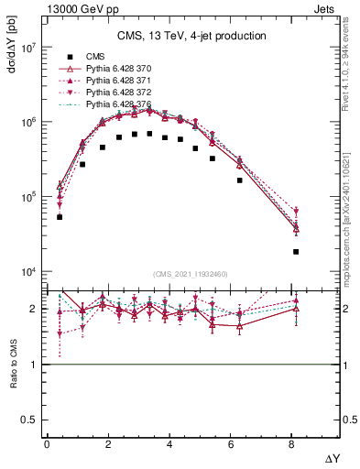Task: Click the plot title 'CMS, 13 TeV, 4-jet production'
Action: click(191, 37)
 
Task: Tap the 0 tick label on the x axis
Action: click(47, 444)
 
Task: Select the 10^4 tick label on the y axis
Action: click(28, 272)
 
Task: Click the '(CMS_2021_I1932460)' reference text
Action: click(191, 274)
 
